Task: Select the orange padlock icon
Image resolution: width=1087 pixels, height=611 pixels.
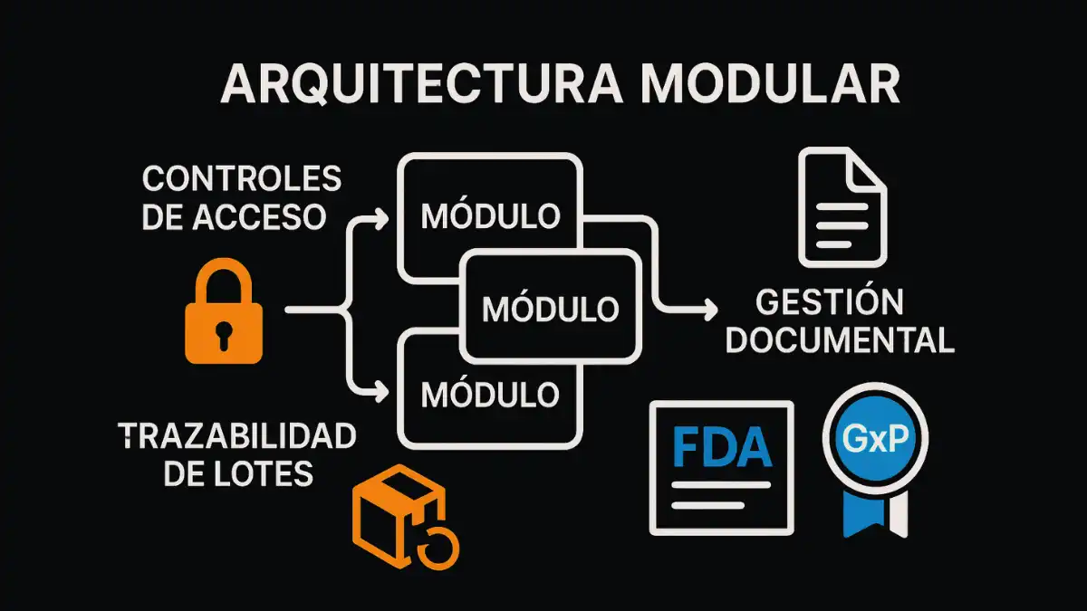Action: [x=224, y=317]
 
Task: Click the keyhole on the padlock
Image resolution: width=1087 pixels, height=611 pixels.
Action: [x=224, y=334]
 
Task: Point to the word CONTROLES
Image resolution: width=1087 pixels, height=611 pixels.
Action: [x=243, y=178]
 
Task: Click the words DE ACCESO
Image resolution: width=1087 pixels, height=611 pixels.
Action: [x=235, y=217]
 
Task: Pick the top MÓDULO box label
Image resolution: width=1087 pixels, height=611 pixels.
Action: [x=491, y=217]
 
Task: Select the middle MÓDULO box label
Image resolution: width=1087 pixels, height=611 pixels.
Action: [x=551, y=308]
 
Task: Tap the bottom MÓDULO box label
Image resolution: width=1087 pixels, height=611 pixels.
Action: [x=491, y=394]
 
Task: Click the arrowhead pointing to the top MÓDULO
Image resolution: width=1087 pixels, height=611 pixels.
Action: [x=381, y=217]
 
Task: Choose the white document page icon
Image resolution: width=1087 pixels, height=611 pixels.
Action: [x=841, y=208]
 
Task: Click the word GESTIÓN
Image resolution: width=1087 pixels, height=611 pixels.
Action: [x=830, y=302]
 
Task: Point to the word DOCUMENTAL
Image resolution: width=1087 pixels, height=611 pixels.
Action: [x=841, y=340]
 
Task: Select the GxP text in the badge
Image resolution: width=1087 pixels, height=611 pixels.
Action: [x=875, y=438]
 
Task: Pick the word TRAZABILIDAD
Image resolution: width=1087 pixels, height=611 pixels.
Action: [x=237, y=437]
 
